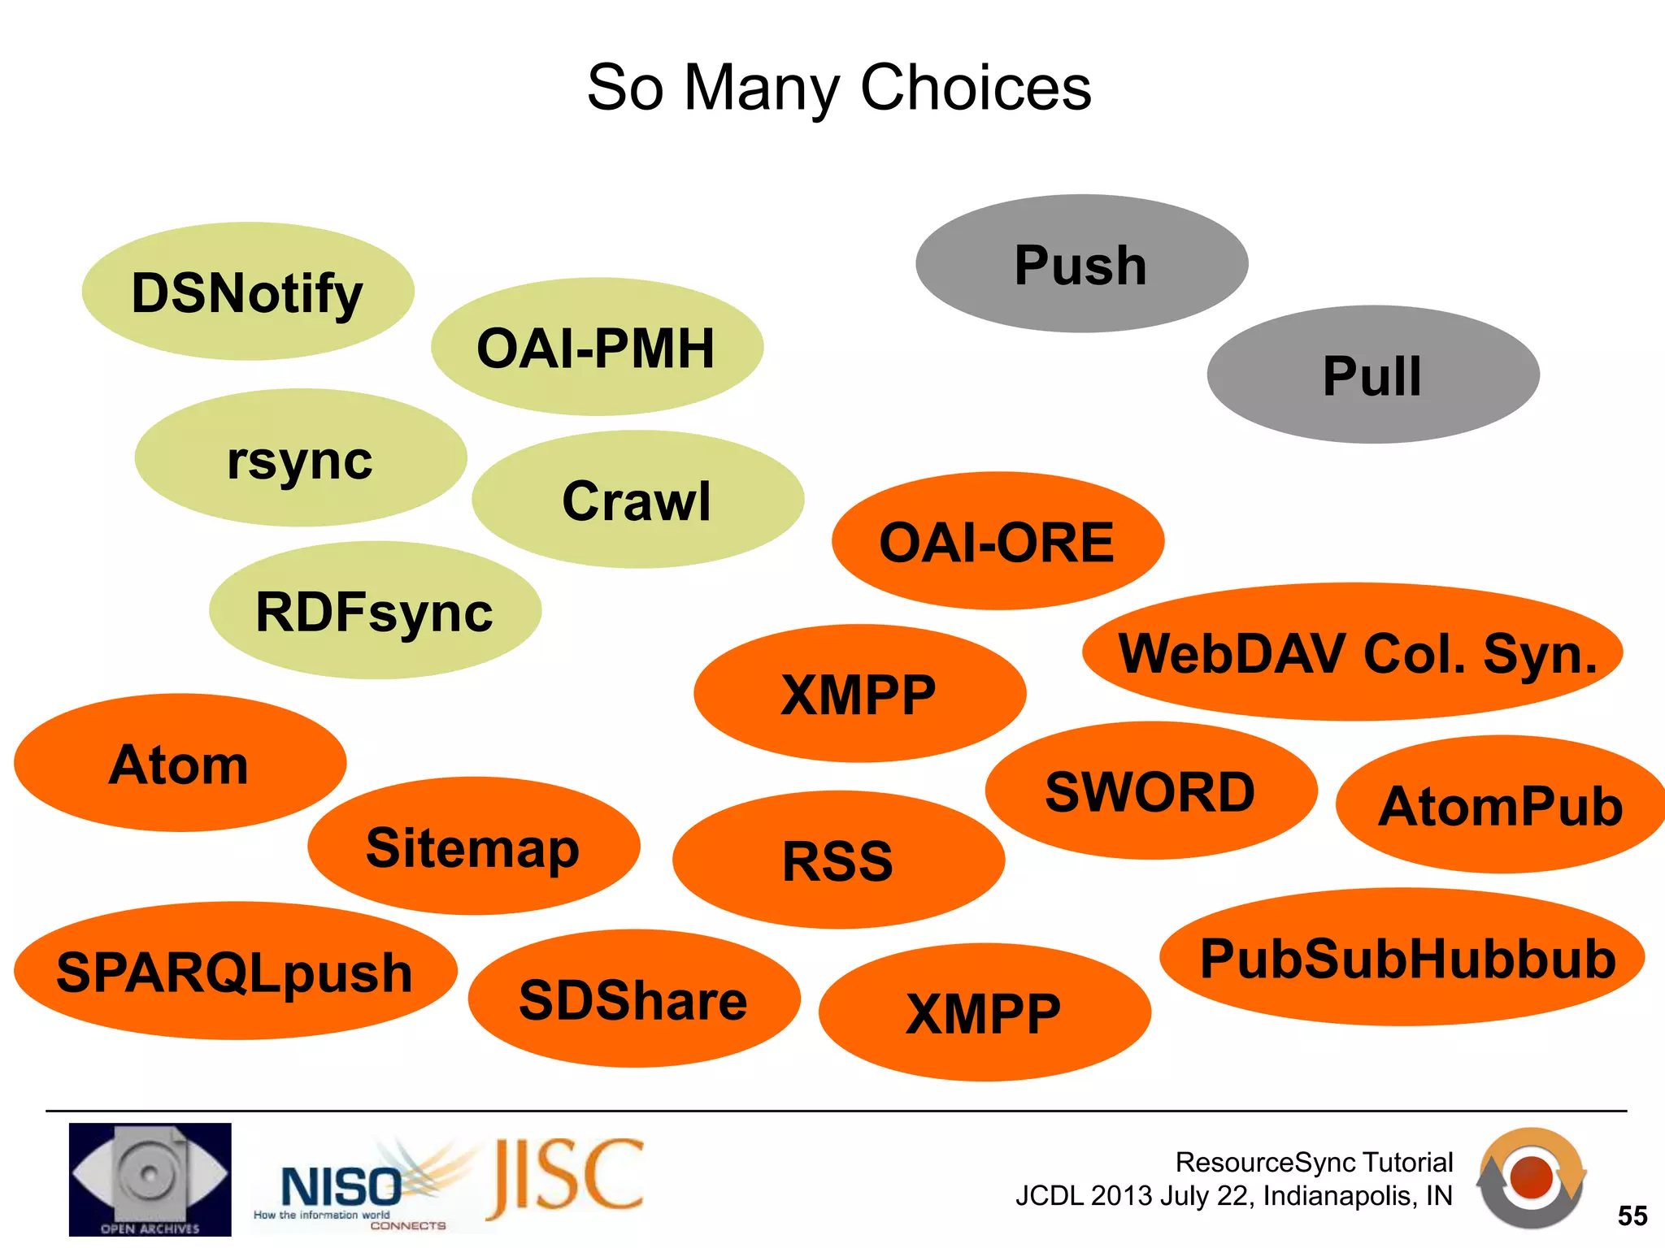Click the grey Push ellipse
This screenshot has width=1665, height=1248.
click(x=1081, y=264)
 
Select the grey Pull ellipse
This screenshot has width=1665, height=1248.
click(x=1373, y=375)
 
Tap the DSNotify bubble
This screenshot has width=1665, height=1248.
click(x=248, y=292)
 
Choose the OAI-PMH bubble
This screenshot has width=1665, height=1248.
click(x=597, y=347)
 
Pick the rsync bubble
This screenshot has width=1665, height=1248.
click(x=301, y=458)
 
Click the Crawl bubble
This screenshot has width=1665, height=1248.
click(x=637, y=500)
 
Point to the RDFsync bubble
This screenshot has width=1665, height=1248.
click(x=375, y=610)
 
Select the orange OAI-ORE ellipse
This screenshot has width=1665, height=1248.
click(x=998, y=541)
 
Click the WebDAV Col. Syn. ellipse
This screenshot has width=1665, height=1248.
click(x=1352, y=652)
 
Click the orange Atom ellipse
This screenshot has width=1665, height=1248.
click(x=180, y=763)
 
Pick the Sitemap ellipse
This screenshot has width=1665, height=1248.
click(x=473, y=847)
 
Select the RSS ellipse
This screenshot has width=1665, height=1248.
click(x=838, y=860)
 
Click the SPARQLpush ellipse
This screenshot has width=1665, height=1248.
click(x=235, y=971)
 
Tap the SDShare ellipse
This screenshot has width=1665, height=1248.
click(x=634, y=999)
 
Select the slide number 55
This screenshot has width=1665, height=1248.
click(x=1632, y=1215)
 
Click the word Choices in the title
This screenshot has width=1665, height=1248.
click(x=975, y=87)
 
